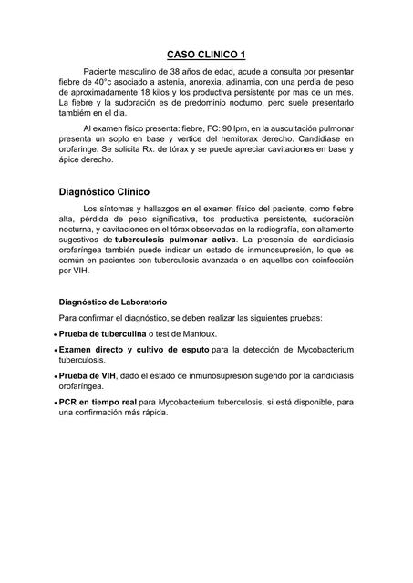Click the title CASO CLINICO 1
pos(206,55)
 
